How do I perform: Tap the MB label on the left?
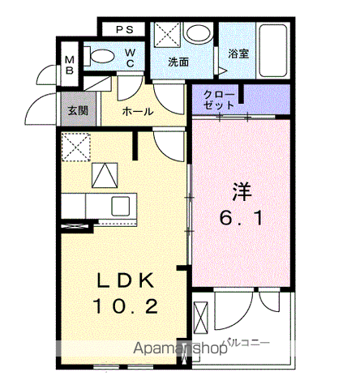pyautogui.click(x=69, y=64)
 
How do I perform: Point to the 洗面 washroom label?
pyautogui.click(x=178, y=62)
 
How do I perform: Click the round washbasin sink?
pyautogui.click(x=196, y=34)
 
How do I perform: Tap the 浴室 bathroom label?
pyautogui.click(x=238, y=54)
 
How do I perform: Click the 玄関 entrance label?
pyautogui.click(x=77, y=111)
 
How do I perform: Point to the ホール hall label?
pyautogui.click(x=137, y=111)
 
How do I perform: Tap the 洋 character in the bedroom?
pyautogui.click(x=242, y=193)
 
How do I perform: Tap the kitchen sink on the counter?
pyautogui.click(x=120, y=204)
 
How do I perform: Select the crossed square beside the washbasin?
pyautogui.click(x=169, y=36)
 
